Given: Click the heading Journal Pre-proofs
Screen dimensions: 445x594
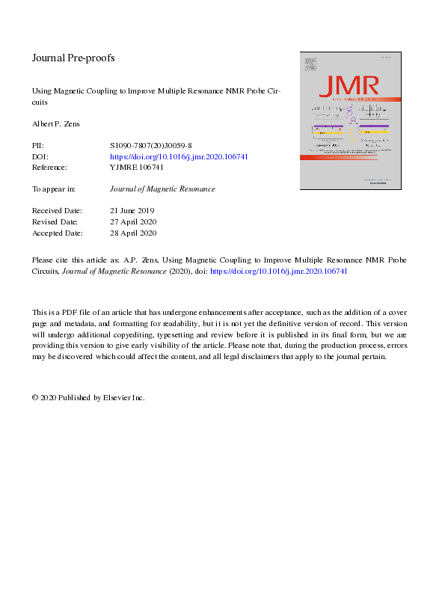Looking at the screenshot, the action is click(x=73, y=58).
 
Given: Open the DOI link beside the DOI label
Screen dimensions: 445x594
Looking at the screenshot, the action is click(x=179, y=156).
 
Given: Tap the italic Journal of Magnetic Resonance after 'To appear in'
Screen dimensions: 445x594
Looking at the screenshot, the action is click(x=162, y=189).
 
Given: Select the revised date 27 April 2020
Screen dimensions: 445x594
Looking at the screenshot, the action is click(x=133, y=222).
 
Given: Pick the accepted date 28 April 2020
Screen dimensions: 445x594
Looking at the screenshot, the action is click(x=133, y=233).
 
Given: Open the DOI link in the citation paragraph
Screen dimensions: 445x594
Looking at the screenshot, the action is click(x=283, y=271).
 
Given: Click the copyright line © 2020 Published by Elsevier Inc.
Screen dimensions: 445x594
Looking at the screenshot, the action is click(x=88, y=398).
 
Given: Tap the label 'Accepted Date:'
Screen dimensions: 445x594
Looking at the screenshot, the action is click(x=56, y=233).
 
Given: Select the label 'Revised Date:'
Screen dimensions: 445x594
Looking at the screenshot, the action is click(x=55, y=222).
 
